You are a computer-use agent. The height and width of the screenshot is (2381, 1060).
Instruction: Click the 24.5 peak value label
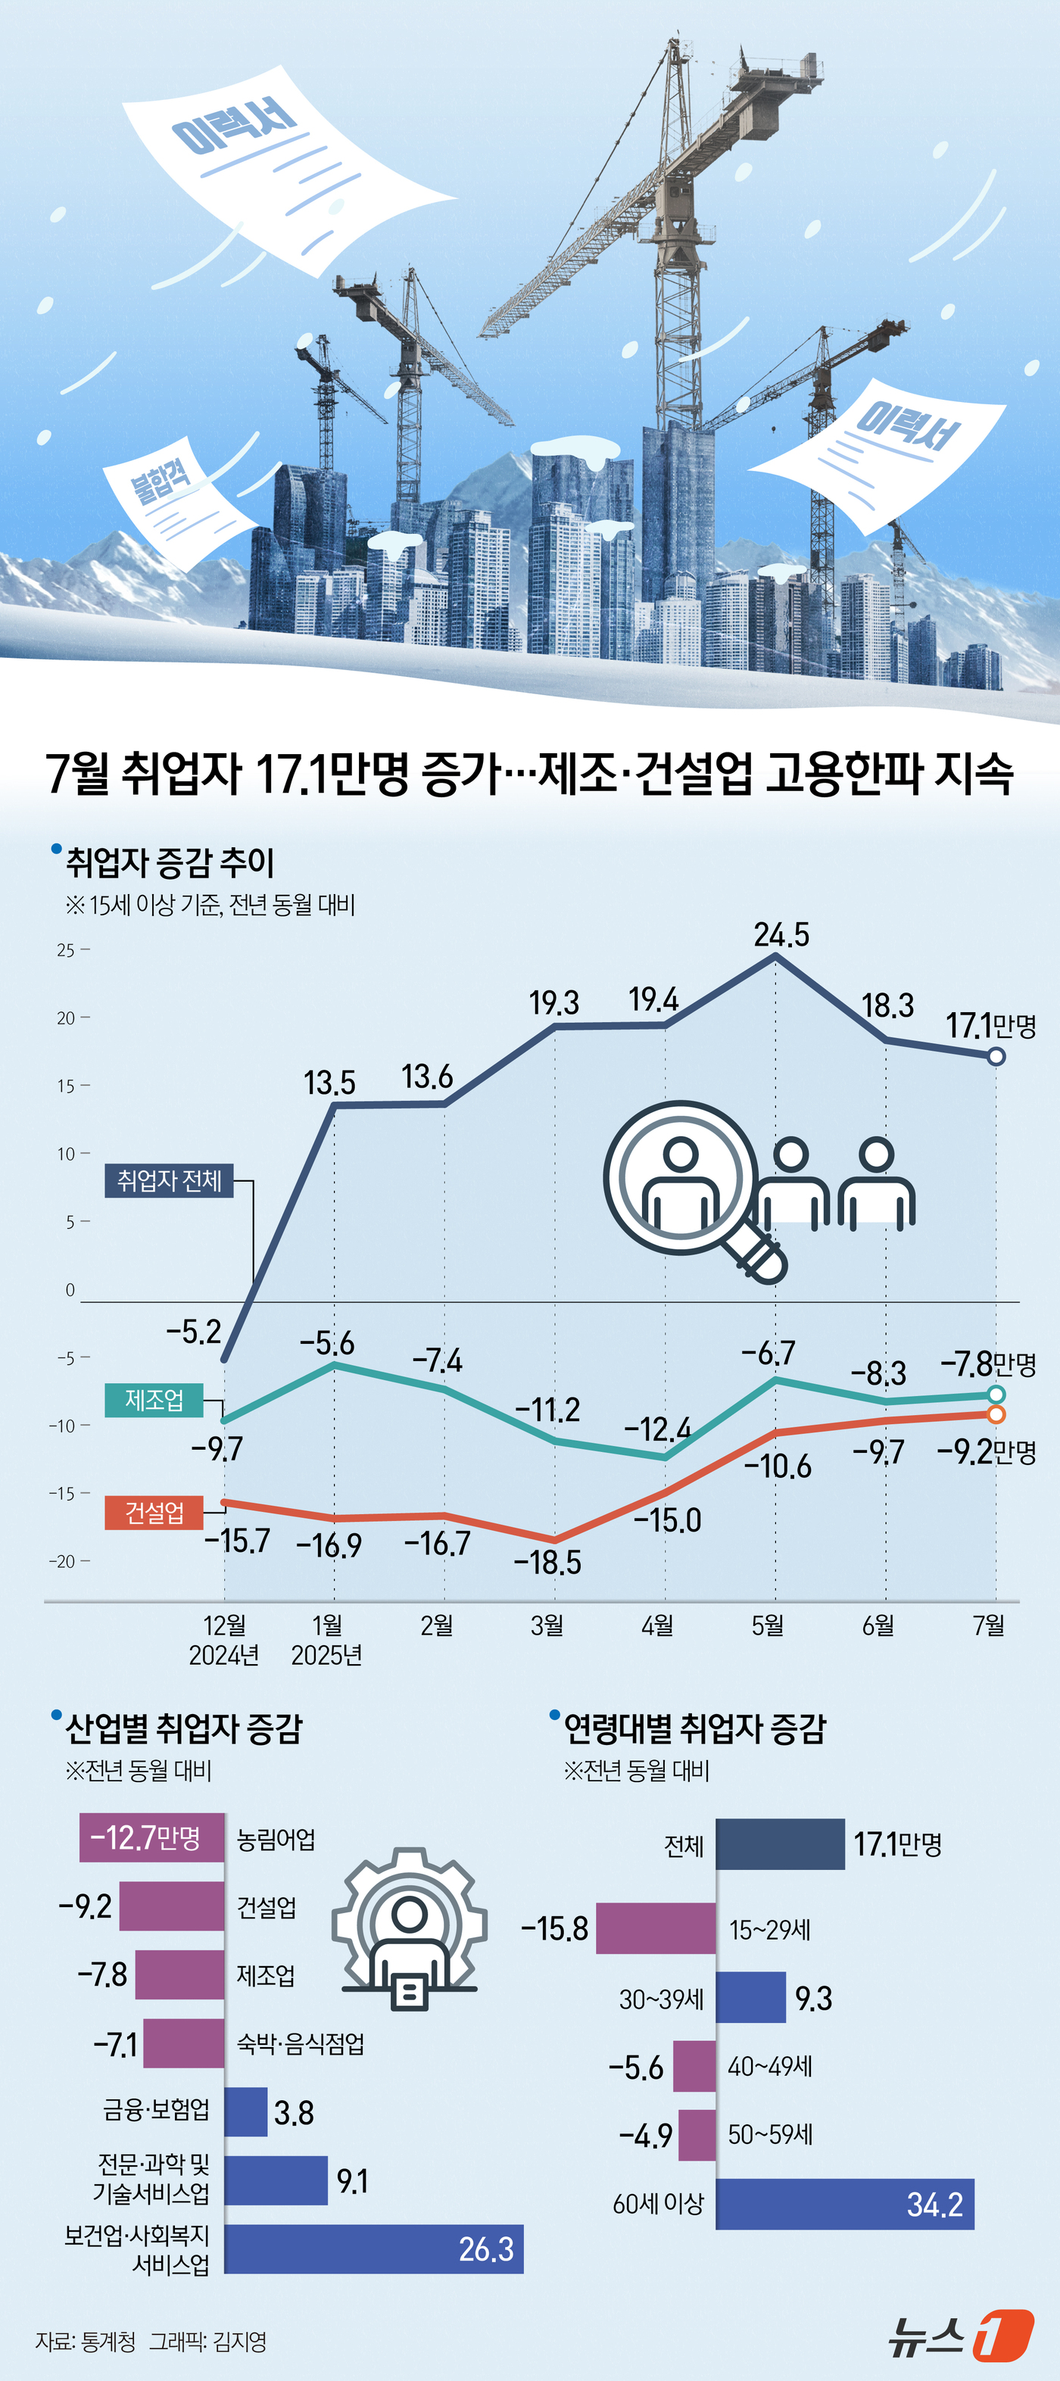(x=781, y=934)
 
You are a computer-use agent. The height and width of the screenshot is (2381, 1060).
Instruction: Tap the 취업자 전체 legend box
(x=169, y=1180)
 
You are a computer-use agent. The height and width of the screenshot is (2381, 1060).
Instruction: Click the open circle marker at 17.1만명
(x=996, y=1056)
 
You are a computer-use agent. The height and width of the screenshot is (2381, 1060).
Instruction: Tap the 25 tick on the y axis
(x=66, y=950)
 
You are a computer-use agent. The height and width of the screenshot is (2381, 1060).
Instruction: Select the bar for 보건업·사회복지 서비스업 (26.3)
(x=373, y=2249)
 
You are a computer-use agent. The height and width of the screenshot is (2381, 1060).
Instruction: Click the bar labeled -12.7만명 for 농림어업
(x=152, y=1837)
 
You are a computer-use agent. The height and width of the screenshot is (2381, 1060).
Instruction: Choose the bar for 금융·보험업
(x=246, y=2112)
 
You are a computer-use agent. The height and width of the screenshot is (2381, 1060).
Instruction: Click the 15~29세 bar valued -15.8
(x=655, y=1928)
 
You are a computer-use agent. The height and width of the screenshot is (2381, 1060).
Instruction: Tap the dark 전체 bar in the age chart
(x=780, y=1844)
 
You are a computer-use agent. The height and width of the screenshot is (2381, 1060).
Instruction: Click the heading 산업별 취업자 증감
(x=183, y=1728)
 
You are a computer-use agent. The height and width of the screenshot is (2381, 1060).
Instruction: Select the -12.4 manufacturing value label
(x=657, y=1429)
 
